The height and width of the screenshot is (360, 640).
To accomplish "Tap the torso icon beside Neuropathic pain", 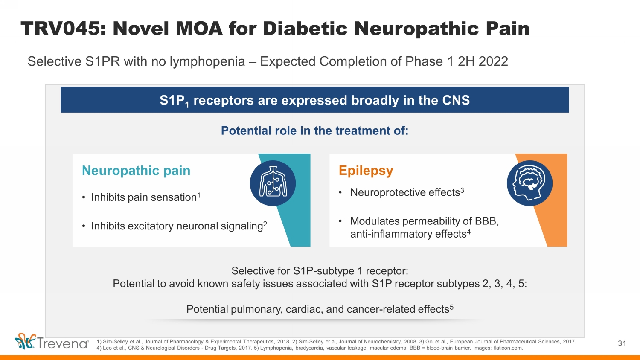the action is point(273,183).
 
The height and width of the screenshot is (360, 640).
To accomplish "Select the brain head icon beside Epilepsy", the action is point(530,183).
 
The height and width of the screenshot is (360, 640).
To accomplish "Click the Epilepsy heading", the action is point(366,171).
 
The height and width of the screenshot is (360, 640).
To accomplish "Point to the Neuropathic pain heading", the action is point(136,171).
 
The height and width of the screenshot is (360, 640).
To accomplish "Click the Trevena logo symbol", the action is point(25,341).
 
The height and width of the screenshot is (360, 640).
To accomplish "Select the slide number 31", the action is point(622,343).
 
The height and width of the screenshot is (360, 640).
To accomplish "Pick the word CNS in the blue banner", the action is point(456,100).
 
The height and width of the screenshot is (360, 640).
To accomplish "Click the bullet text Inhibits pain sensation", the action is point(144,197).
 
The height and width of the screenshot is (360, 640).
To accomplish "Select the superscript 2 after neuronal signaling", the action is point(265,224).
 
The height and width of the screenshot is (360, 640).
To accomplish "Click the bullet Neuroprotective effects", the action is point(405,192).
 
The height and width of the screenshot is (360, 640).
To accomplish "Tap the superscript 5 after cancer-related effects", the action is point(452,307).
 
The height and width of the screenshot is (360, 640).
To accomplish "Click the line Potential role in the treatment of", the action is point(315,131).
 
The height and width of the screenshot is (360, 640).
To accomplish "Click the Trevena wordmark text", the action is point(62,343).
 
